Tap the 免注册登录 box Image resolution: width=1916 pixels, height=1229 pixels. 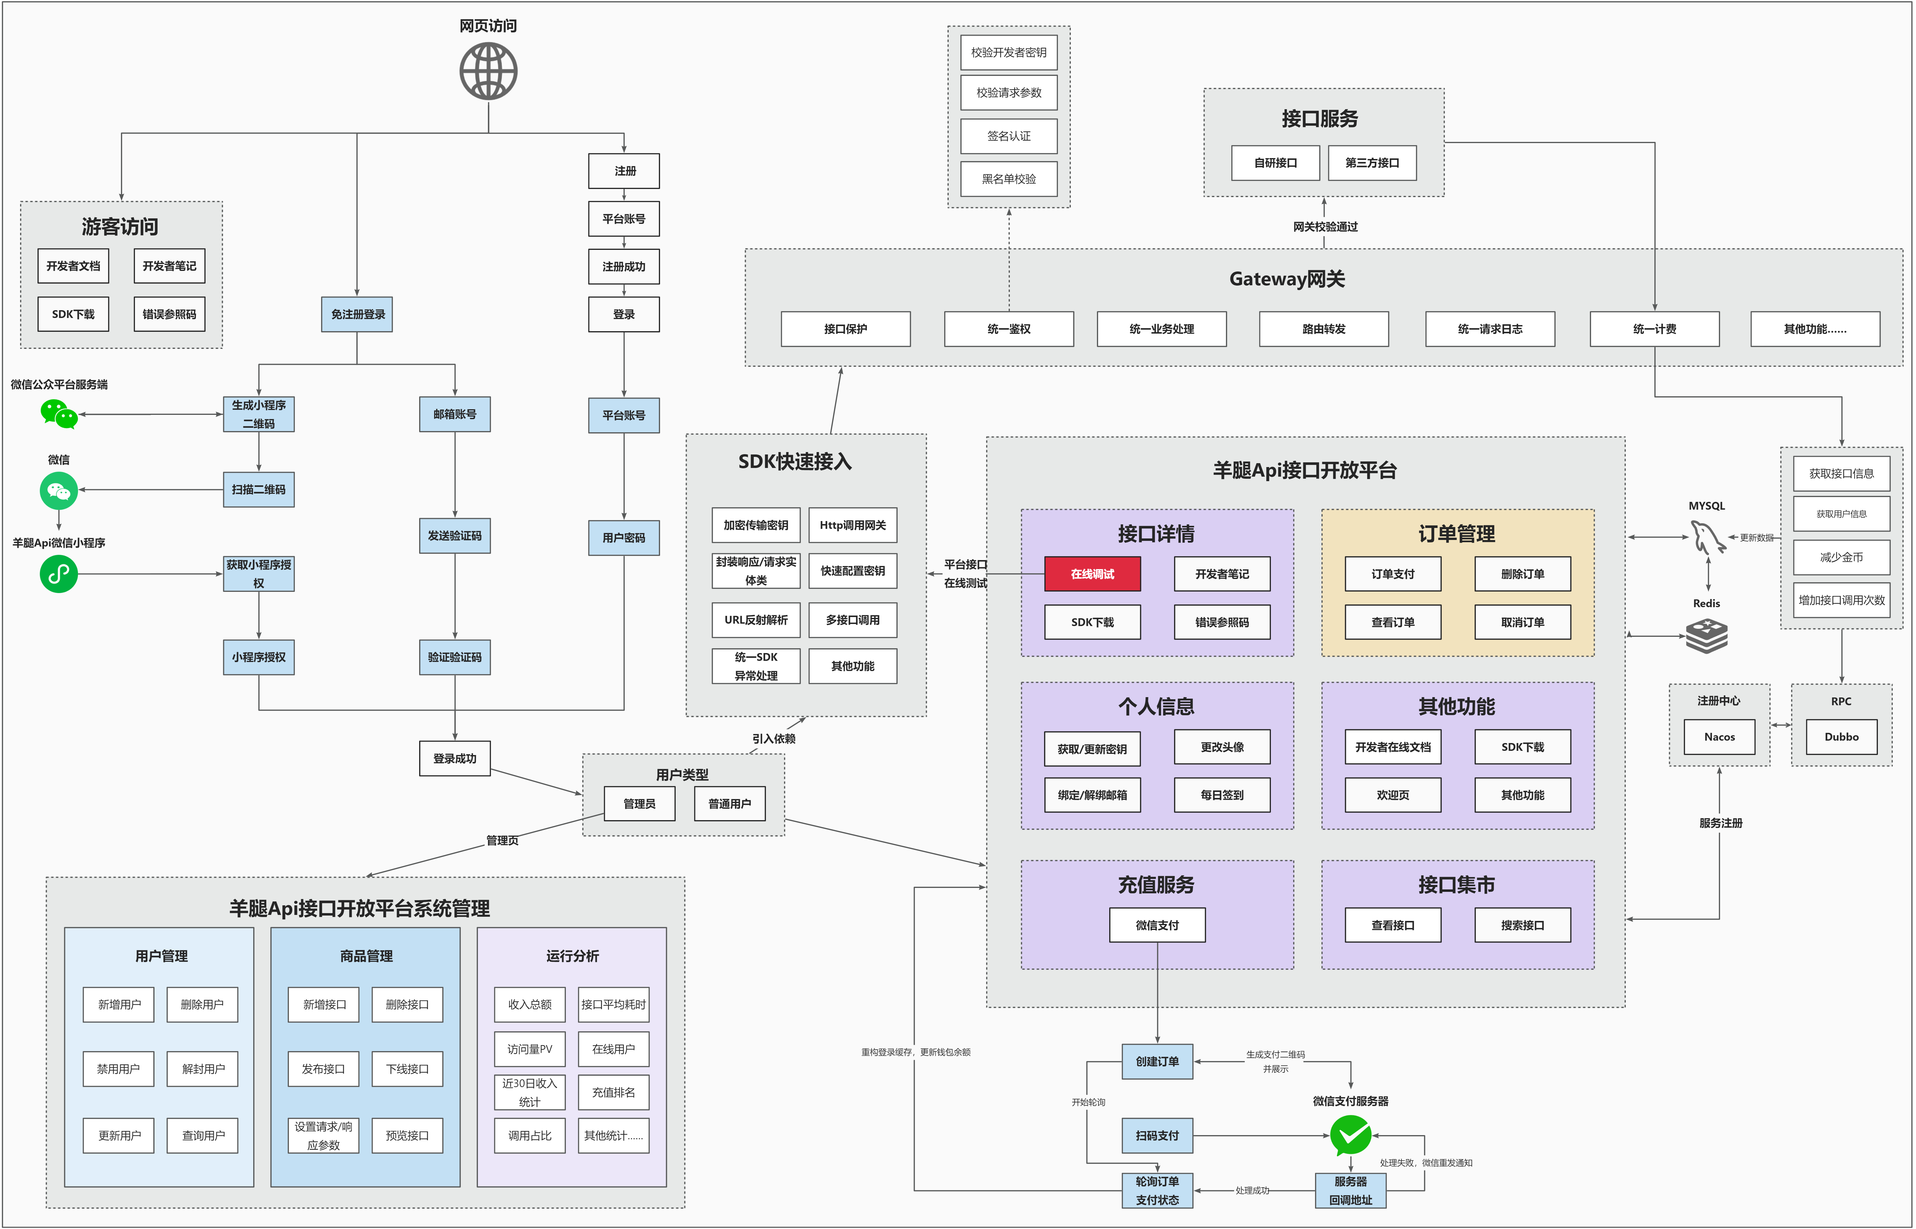[358, 314]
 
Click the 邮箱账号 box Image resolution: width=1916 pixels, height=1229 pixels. [455, 414]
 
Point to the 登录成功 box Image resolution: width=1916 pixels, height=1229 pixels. [455, 758]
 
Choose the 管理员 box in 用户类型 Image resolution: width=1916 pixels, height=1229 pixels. [639, 804]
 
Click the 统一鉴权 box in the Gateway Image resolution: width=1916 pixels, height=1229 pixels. [1009, 329]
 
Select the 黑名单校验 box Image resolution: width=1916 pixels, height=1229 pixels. [1009, 179]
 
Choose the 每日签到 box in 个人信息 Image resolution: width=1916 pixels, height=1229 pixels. [1222, 795]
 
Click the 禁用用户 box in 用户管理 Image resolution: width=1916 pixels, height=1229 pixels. [118, 1069]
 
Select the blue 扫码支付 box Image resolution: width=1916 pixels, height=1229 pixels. [1157, 1136]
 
